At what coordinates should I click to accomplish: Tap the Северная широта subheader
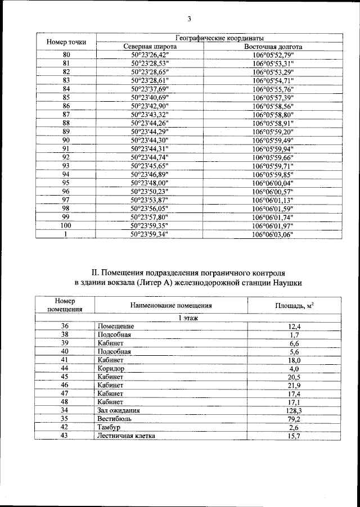click(150, 47)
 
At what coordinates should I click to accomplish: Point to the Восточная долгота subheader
click(273, 47)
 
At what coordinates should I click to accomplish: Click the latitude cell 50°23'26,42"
click(150, 55)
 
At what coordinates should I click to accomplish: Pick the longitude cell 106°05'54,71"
click(273, 81)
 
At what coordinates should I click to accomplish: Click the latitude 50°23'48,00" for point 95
click(150, 183)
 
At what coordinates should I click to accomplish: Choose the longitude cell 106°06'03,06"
click(273, 234)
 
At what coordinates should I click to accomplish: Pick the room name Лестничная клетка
click(125, 436)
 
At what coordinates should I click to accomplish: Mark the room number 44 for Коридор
click(65, 368)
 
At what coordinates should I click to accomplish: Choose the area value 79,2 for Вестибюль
click(294, 419)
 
